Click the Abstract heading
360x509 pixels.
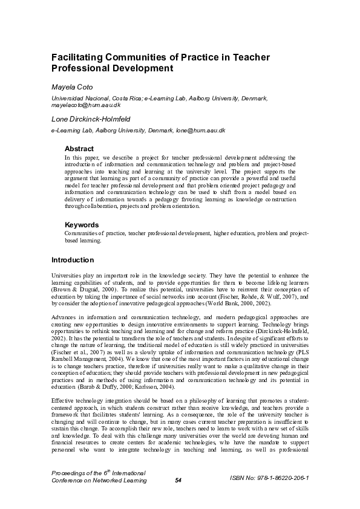79,149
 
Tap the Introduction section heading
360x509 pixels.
72,261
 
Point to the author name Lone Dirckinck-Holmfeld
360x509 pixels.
91,119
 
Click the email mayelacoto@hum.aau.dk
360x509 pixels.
82,105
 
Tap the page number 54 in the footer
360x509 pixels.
178,481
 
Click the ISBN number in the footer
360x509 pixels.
270,478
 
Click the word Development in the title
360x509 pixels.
139,69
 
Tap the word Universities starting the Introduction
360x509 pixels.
67,276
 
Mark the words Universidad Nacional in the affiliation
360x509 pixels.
78,97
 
